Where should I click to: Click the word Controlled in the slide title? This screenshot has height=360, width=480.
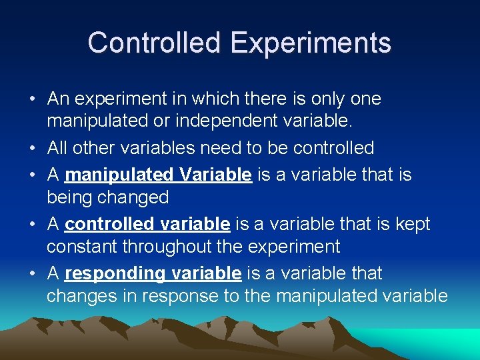(x=154, y=43)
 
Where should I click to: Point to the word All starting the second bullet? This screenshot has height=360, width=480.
(x=58, y=148)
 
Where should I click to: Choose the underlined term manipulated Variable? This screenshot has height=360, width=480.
(x=159, y=175)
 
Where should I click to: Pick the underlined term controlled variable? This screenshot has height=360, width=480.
(x=147, y=224)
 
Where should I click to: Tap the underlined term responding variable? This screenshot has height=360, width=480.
(x=153, y=273)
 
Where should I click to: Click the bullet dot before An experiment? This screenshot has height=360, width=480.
(x=32, y=99)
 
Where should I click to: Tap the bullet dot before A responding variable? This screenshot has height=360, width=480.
(x=32, y=274)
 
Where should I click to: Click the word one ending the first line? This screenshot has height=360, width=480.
(x=365, y=99)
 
